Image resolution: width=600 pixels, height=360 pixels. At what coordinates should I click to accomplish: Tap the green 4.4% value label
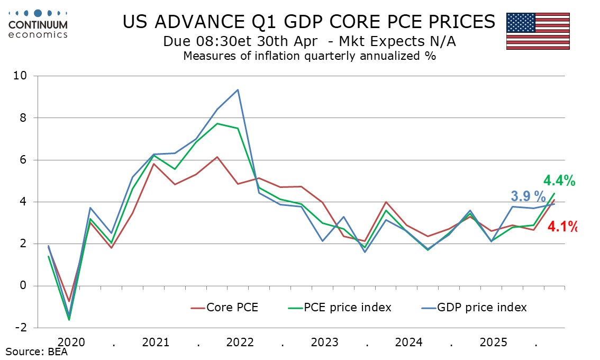[x=559, y=181]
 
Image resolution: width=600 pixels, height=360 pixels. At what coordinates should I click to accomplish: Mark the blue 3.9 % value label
[x=528, y=196]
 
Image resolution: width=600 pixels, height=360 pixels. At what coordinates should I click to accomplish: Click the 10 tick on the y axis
[x=20, y=76]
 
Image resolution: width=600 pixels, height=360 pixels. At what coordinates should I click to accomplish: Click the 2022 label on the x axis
[x=240, y=342]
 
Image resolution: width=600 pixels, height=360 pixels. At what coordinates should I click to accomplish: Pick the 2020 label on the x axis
[x=71, y=342]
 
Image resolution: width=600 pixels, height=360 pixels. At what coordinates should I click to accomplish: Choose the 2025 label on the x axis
[x=493, y=342]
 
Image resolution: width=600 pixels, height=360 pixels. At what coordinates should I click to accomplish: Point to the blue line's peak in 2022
[x=238, y=89]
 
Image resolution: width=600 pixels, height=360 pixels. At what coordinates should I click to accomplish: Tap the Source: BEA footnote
[x=37, y=352]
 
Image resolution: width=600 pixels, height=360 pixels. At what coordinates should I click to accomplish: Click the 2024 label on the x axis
[x=408, y=342]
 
